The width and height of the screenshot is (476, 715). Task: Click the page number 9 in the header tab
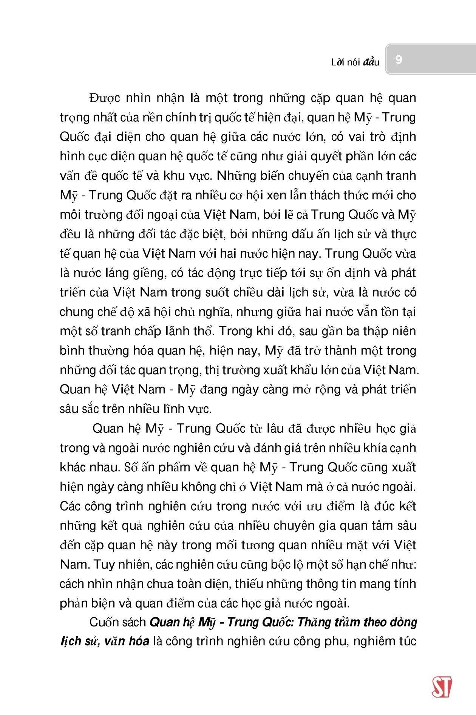point(398,59)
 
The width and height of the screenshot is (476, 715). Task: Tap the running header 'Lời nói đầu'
point(355,62)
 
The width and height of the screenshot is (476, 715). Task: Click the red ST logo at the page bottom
point(442,687)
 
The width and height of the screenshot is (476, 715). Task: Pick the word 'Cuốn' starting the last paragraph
point(103,623)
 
